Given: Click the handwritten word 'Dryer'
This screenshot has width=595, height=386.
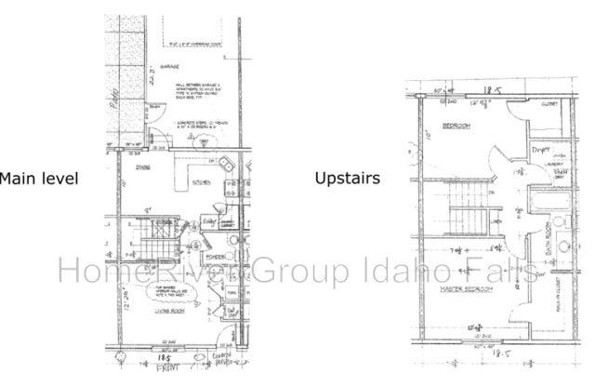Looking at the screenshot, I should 542,149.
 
